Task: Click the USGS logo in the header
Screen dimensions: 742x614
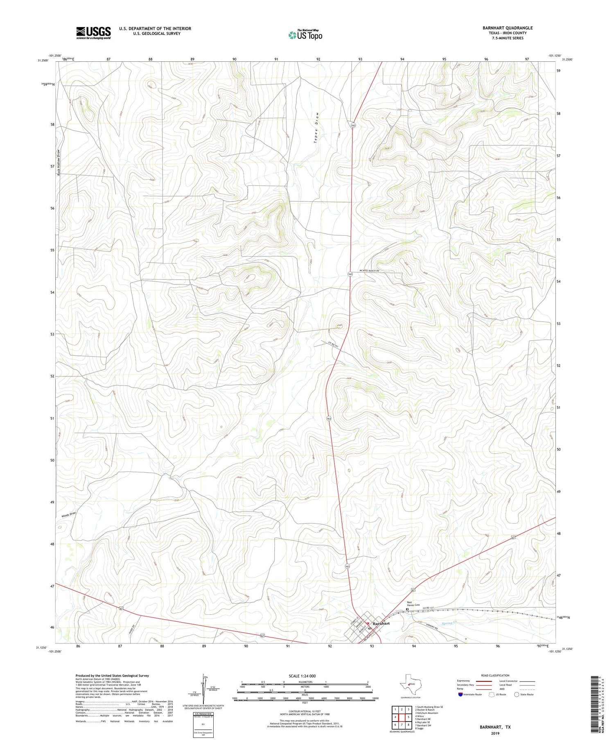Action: click(x=93, y=33)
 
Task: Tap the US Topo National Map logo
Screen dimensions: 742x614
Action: click(x=305, y=35)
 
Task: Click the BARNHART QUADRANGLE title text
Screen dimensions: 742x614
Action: click(x=507, y=28)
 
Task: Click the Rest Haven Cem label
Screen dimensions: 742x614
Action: click(x=413, y=603)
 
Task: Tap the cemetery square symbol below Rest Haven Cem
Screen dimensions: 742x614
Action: click(x=407, y=609)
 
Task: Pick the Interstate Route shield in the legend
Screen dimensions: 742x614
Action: click(x=460, y=694)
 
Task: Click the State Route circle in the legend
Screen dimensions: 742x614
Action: click(x=517, y=694)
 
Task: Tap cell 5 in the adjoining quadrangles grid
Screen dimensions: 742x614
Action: click(x=409, y=717)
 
